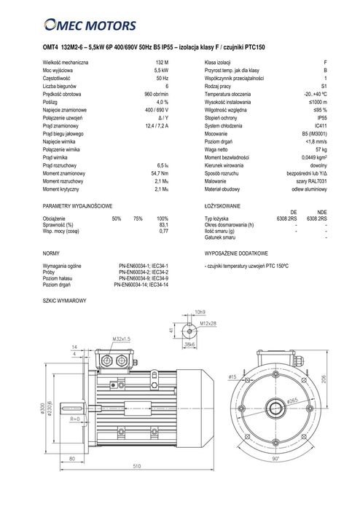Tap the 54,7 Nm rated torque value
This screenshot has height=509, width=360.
[160, 152]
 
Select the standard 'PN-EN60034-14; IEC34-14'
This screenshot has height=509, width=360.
[141, 285]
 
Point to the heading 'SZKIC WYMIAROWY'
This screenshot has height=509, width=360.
[65, 300]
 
